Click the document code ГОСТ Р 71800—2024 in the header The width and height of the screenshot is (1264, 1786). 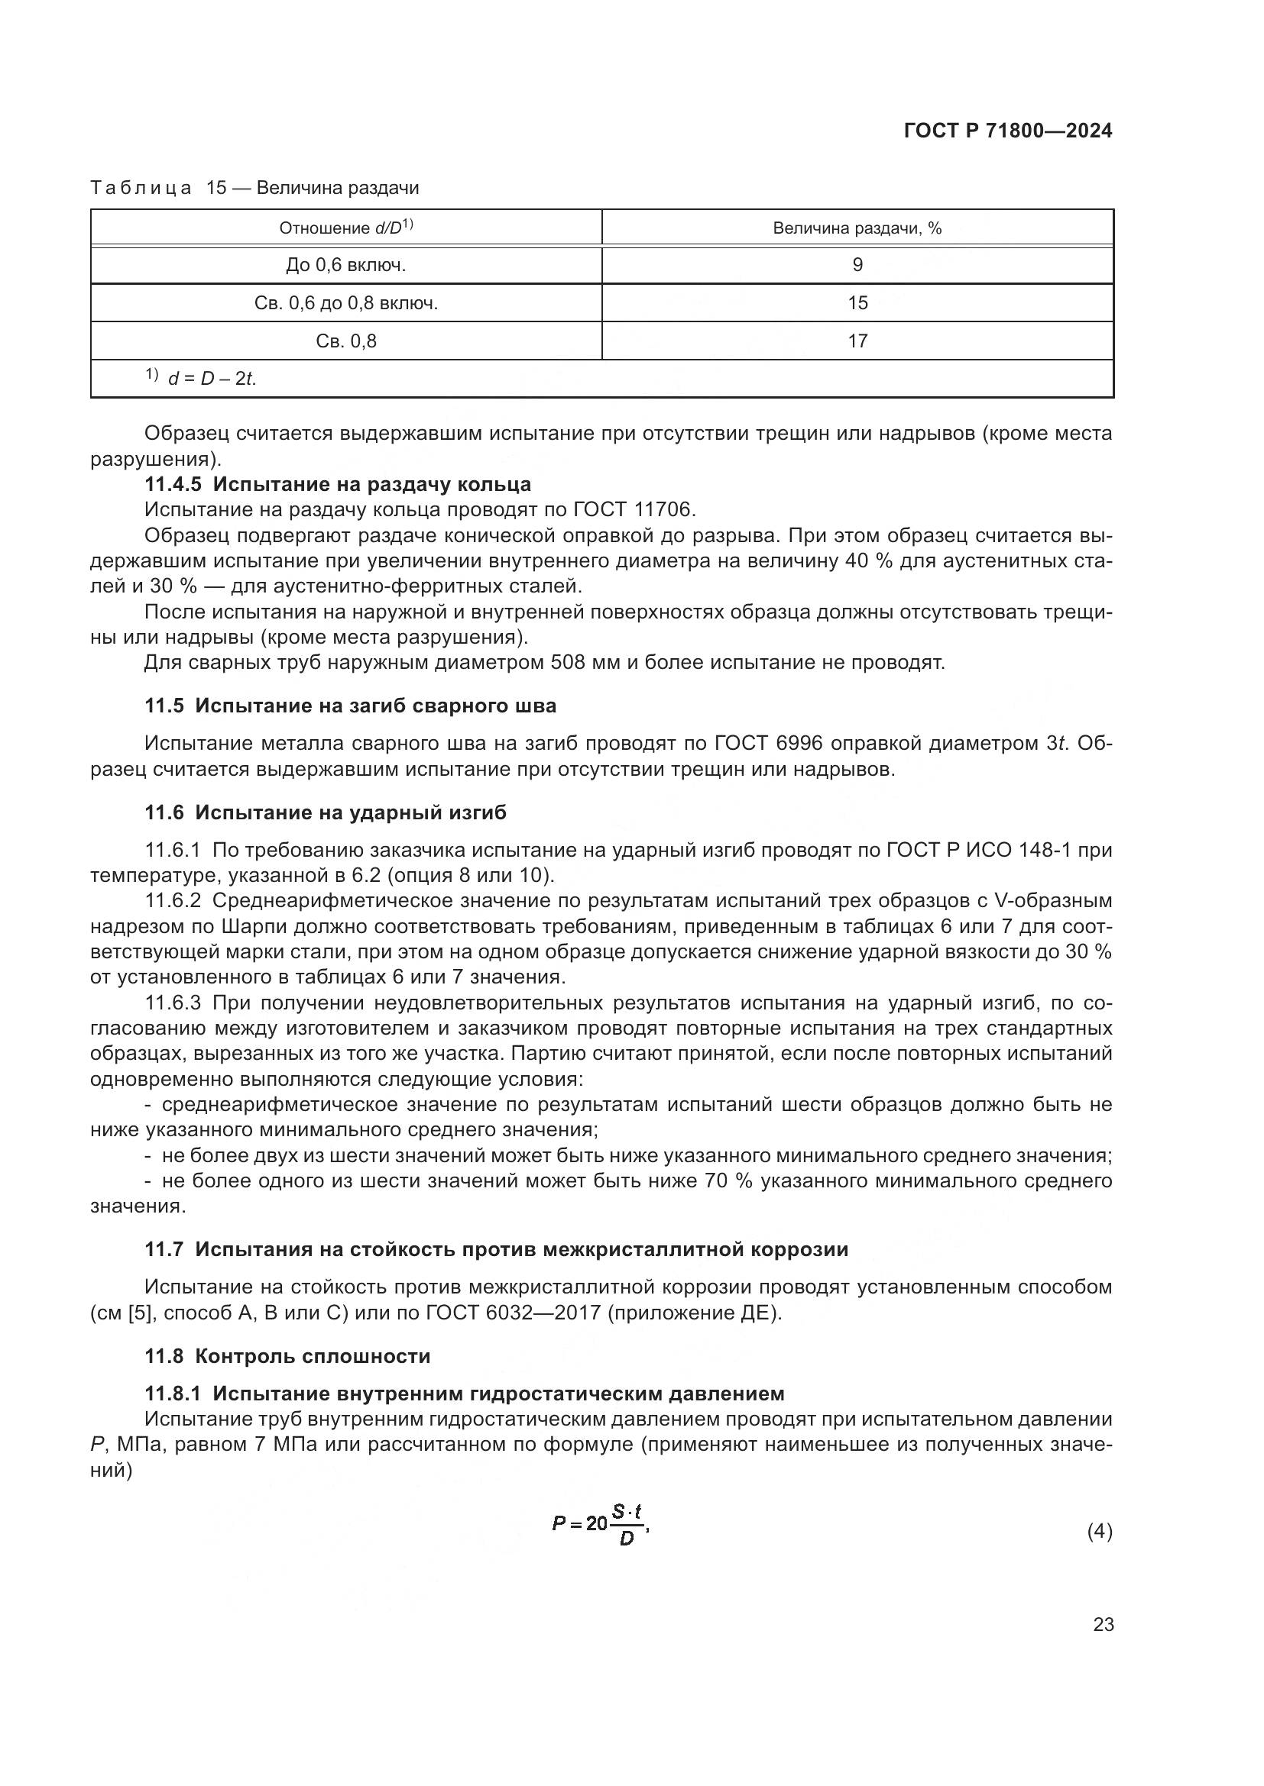pyautogui.click(x=1008, y=131)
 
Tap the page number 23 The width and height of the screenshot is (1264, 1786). pyautogui.click(x=1103, y=1625)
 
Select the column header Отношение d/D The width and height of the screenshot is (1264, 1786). pyautogui.click(x=345, y=228)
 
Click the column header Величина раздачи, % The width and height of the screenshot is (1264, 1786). pyautogui.click(x=857, y=228)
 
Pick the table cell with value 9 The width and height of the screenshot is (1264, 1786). pyautogui.click(x=857, y=265)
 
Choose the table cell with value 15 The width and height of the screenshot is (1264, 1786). pyautogui.click(x=857, y=303)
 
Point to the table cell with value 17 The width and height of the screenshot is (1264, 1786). pyautogui.click(x=857, y=341)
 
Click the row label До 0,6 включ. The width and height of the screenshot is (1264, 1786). pyautogui.click(x=345, y=265)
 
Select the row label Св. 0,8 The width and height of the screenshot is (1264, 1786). pyautogui.click(x=345, y=341)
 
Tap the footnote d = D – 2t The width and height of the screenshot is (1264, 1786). pyautogui.click(x=211, y=379)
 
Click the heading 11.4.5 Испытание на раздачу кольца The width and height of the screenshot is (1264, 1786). pyautogui.click(x=338, y=484)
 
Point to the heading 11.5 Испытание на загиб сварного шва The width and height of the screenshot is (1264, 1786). pyautogui.click(x=350, y=706)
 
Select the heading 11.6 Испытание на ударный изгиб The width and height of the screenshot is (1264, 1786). pyautogui.click(x=326, y=812)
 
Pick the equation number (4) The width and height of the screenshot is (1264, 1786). pyautogui.click(x=1099, y=1532)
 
